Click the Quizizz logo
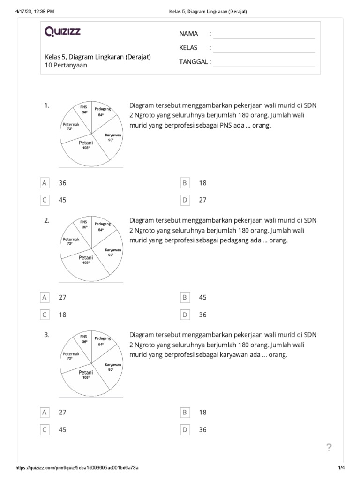coord(62,31)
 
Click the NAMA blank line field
coord(264,35)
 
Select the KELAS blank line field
coord(264,49)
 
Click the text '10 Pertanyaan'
coord(66,66)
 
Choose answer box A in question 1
coord(45,183)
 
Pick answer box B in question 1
coord(185,183)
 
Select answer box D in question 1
coord(185,200)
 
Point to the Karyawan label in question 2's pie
coord(113,250)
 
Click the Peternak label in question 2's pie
coord(71,239)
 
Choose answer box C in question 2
coord(45,315)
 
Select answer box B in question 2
coord(185,298)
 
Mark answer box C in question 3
coord(45,430)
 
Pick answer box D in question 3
coord(185,430)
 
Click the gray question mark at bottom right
coord(329,448)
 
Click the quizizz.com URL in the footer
coord(77,468)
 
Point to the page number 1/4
coord(341,468)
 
